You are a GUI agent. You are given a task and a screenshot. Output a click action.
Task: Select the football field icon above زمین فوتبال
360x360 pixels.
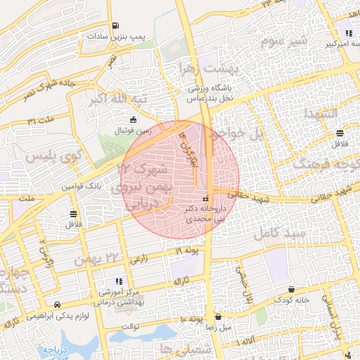coord(133,120)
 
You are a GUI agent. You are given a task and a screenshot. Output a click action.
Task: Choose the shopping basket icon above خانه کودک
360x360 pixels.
coord(292,289)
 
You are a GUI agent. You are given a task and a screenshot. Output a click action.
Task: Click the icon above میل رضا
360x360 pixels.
coord(218,317)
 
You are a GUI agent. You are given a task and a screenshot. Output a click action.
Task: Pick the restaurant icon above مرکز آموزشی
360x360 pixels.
coord(118,281)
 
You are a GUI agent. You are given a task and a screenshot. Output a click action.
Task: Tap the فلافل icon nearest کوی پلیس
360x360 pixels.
coord(74,213)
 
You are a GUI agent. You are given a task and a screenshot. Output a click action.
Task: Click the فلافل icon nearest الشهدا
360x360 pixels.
coord(340,133)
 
